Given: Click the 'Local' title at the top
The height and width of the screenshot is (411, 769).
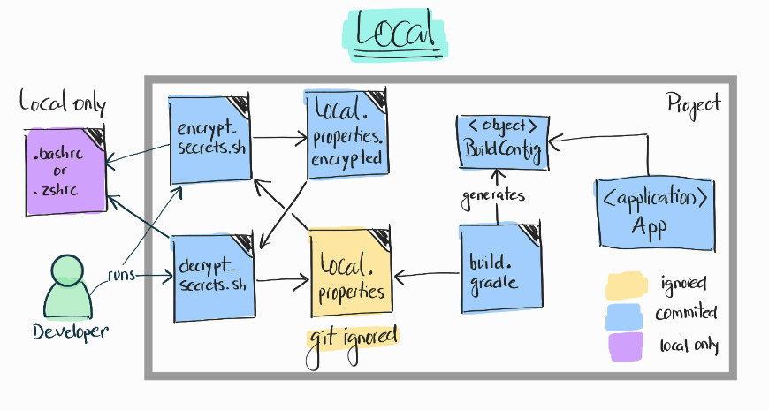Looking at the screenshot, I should tap(395, 33).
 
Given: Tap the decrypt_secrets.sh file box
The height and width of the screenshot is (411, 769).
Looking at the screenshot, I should tap(212, 276).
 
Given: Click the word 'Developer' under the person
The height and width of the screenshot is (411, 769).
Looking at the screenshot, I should tap(71, 331).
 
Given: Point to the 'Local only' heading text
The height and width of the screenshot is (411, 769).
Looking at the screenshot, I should tap(63, 105).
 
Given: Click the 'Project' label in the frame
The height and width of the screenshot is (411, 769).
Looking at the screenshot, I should tap(693, 103).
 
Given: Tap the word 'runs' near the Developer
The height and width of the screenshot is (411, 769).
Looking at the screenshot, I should tap(121, 274).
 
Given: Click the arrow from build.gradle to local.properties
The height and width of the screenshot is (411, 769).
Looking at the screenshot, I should tap(426, 275).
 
